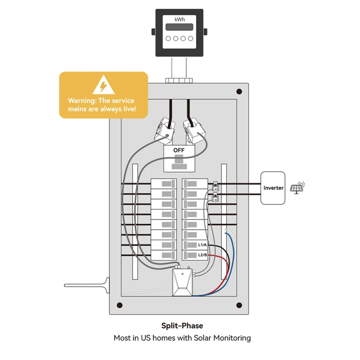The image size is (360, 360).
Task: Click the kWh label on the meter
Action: (x=180, y=19)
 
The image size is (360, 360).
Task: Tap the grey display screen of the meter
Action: (x=180, y=27)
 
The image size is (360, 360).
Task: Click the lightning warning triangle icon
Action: (x=103, y=85)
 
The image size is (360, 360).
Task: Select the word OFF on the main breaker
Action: (x=179, y=150)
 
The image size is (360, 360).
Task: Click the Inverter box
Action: (x=273, y=188)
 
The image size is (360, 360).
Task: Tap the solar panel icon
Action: (x=297, y=188)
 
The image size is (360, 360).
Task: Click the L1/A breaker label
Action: (x=202, y=245)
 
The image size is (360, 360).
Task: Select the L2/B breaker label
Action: (x=202, y=255)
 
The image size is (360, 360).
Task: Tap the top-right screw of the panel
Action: (x=239, y=91)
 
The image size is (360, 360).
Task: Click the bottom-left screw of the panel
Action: (x=120, y=305)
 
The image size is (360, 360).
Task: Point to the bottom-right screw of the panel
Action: (x=239, y=305)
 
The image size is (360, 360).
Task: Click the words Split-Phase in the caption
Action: (x=182, y=326)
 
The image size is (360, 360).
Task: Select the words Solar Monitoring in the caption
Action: (x=222, y=338)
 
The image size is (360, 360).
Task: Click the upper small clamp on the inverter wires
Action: (x=215, y=186)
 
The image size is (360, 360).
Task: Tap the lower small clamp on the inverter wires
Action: (x=215, y=198)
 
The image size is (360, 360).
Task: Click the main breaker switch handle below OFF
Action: (x=179, y=162)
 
